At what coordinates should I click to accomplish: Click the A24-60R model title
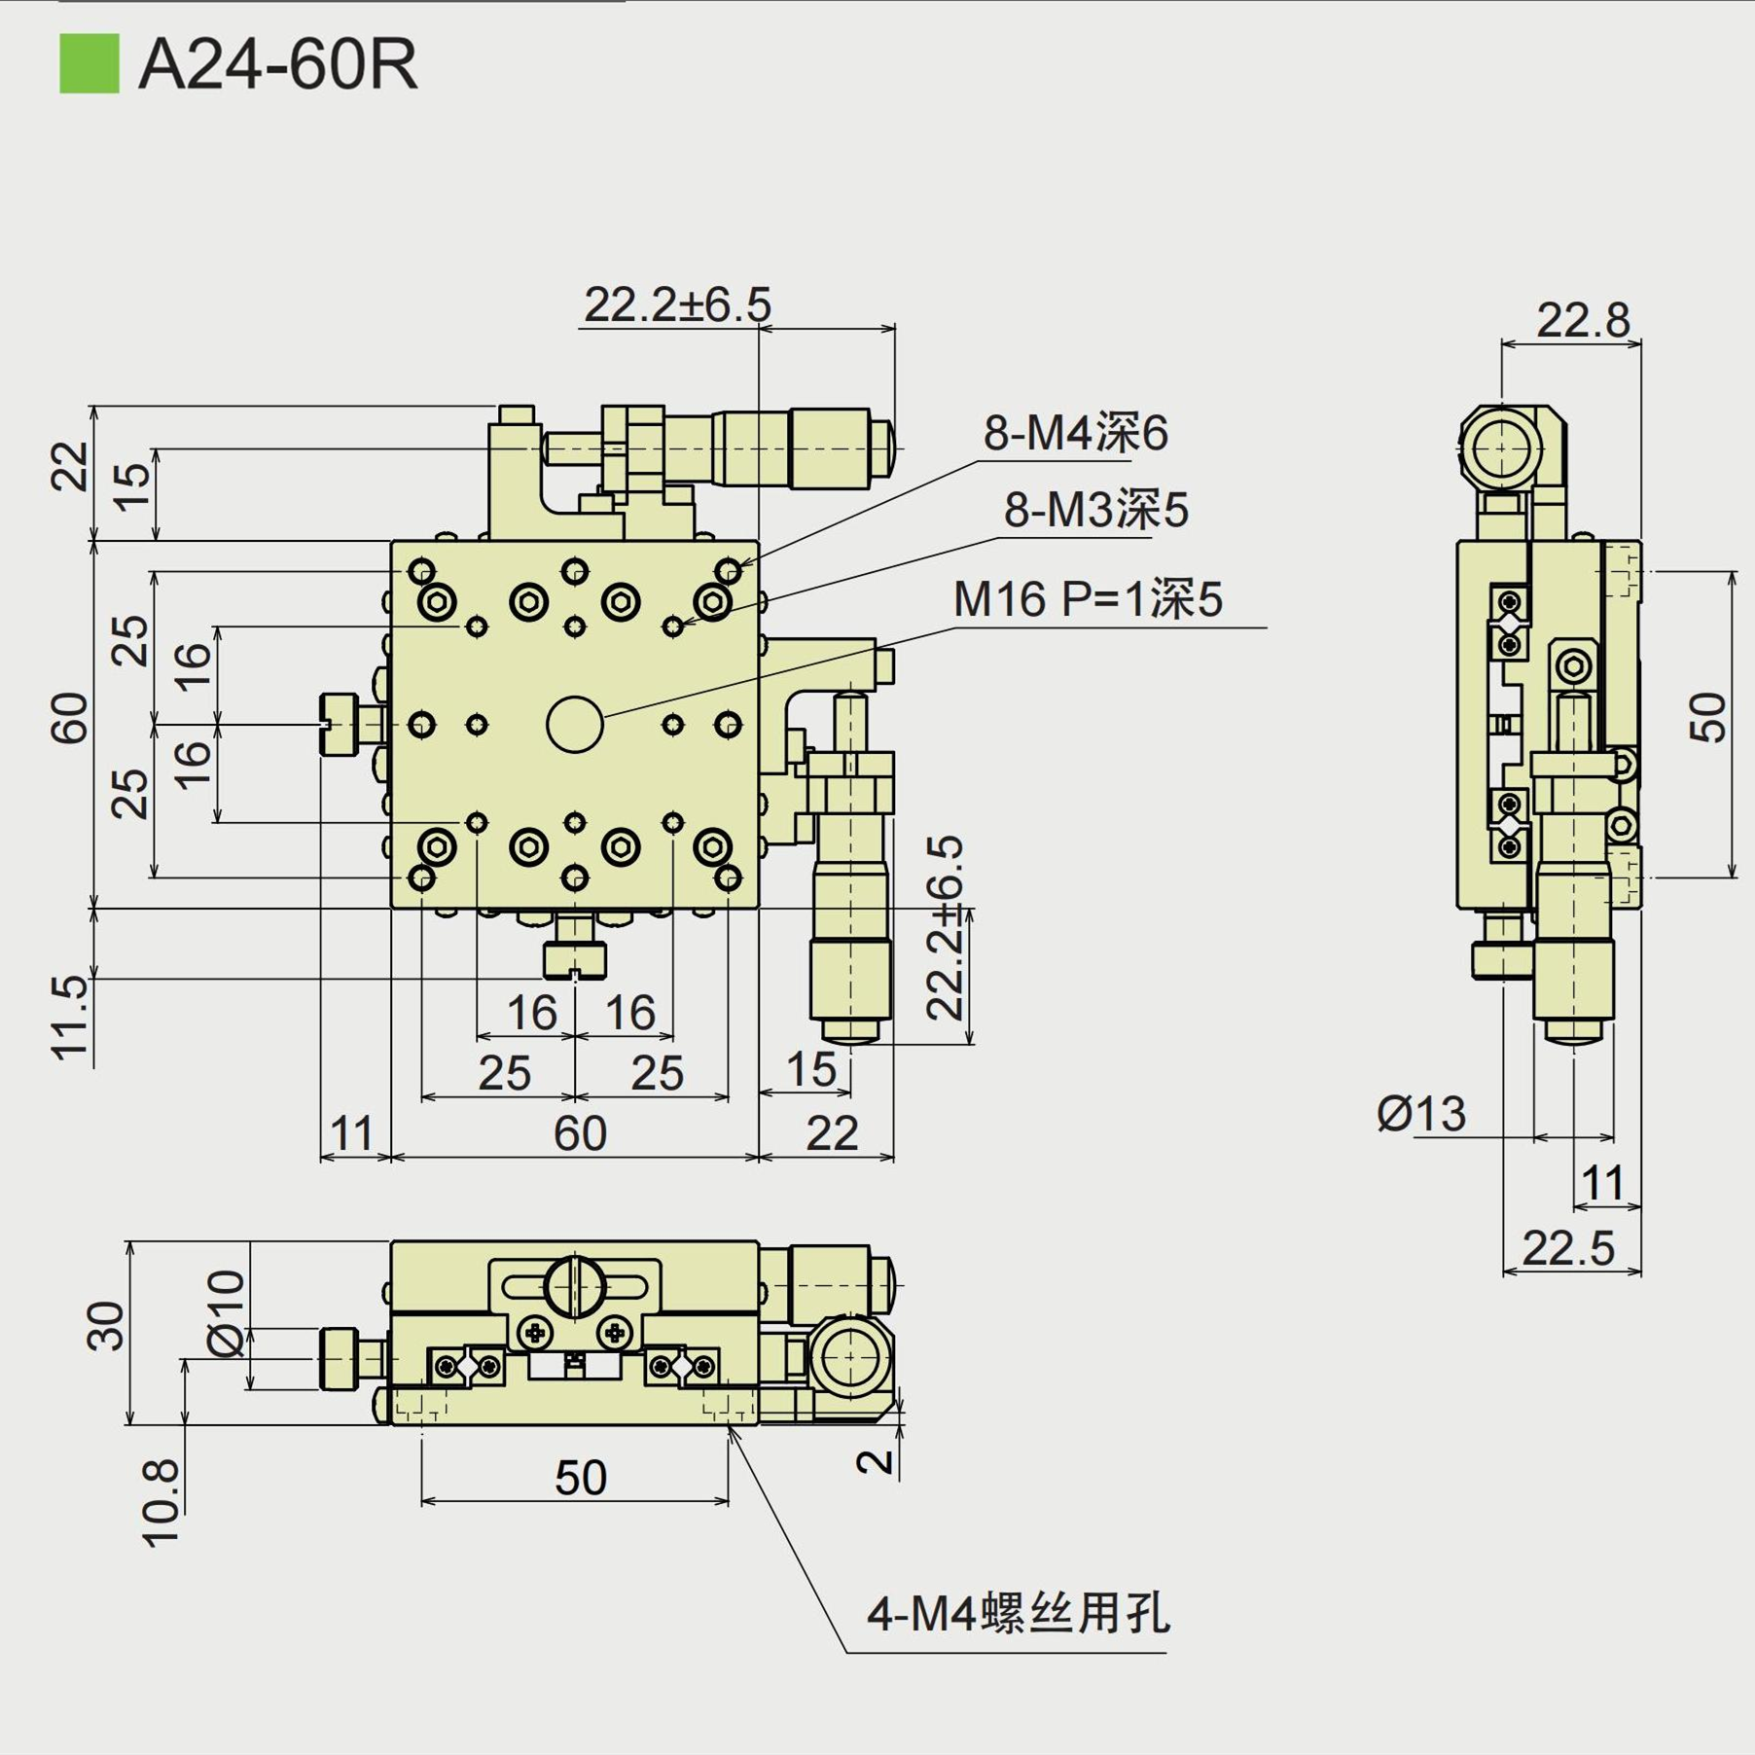tap(278, 65)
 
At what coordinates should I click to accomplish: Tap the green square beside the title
tap(90, 64)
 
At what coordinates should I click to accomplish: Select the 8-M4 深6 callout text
tap(1075, 433)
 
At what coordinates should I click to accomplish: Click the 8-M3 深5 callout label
tap(1095, 510)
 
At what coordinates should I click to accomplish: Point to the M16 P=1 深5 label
tap(1087, 599)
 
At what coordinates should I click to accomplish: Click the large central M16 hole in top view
tap(575, 725)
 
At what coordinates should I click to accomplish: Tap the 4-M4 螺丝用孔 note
tap(1018, 1613)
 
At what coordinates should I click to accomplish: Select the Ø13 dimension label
tap(1420, 1114)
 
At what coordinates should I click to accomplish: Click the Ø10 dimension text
tap(227, 1312)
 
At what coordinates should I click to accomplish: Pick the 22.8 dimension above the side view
tap(1582, 320)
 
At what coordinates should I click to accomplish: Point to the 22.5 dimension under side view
tap(1567, 1248)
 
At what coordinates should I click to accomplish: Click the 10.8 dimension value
tap(161, 1503)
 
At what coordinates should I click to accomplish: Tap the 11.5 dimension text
tap(70, 1017)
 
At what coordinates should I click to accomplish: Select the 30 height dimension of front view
tap(106, 1326)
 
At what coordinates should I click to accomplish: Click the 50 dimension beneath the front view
tap(580, 1479)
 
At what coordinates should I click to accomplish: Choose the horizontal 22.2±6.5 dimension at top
tap(677, 304)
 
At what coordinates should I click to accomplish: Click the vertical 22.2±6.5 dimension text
tap(945, 927)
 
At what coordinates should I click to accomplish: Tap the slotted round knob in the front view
tap(575, 1285)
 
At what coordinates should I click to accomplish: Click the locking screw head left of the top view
tap(340, 724)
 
